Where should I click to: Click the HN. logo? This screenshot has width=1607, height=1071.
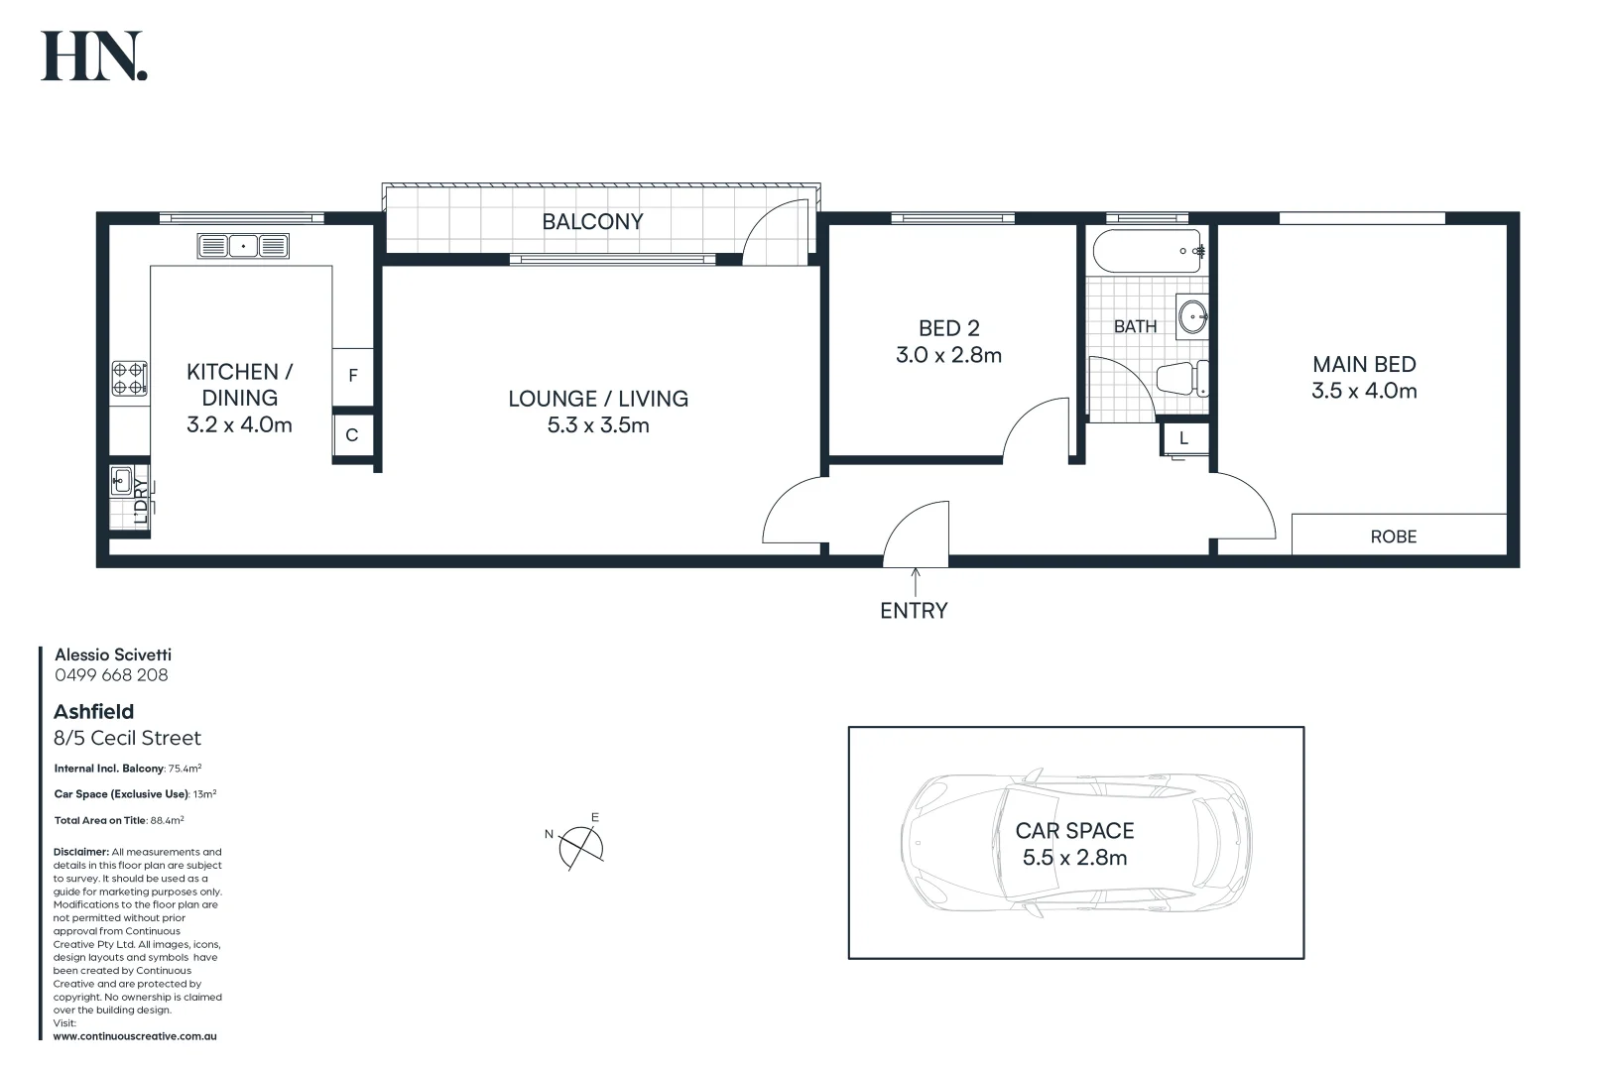point(94,57)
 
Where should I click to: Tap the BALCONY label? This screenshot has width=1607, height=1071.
point(592,222)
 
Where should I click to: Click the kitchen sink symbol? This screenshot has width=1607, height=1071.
point(243,245)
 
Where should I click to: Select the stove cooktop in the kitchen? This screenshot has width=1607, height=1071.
point(129,378)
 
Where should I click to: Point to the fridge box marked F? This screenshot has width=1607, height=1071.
point(352,377)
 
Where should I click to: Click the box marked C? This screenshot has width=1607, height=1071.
point(352,435)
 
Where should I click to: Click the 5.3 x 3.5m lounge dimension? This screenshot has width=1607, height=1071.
point(598,425)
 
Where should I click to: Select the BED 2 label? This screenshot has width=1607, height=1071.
point(948,328)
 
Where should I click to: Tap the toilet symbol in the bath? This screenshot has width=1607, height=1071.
point(1182,379)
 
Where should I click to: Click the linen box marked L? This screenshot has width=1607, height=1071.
point(1183,438)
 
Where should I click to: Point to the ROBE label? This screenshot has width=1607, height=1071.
point(1393,536)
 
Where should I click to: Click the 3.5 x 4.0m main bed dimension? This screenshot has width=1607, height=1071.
point(1364,391)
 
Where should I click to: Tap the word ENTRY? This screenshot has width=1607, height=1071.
point(914,611)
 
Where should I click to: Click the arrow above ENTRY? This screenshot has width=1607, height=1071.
point(915,581)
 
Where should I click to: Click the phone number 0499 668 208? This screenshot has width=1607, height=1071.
point(111,675)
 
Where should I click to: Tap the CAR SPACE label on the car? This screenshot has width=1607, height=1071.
point(1074,831)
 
